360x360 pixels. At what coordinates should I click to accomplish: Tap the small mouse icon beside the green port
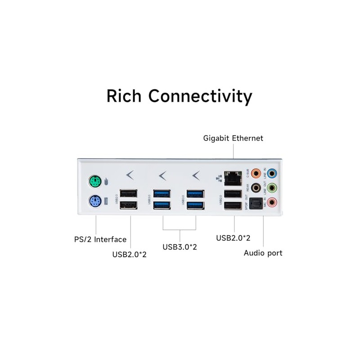point(106,182)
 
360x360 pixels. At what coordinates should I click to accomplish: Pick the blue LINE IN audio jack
point(273,172)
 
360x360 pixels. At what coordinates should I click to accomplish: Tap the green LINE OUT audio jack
point(273,187)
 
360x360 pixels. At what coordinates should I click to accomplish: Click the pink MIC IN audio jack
point(273,202)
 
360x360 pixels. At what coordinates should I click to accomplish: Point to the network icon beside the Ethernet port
point(219,178)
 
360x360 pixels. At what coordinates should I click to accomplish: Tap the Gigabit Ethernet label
point(233,138)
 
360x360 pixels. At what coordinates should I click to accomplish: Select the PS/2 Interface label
point(100,239)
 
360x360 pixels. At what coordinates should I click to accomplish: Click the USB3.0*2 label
point(180,247)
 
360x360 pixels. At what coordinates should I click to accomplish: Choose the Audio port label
point(263,253)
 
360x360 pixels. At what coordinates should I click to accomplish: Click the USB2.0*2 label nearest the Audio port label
point(233,238)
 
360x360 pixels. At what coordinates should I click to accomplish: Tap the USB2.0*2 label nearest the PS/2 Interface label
point(130,254)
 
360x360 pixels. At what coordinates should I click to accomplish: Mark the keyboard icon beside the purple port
point(107,201)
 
